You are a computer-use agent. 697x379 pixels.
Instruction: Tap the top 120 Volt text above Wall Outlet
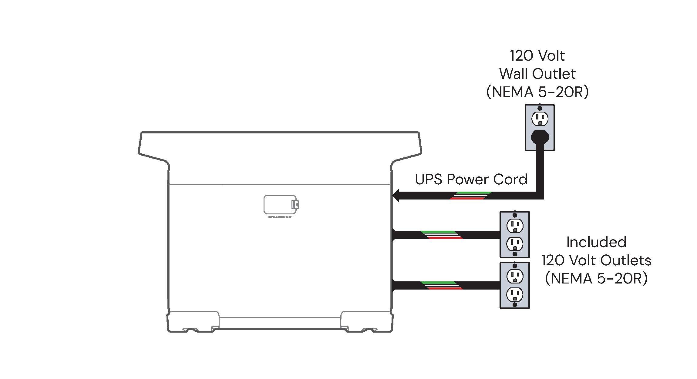pos(537,55)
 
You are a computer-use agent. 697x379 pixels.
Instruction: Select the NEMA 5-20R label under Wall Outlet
pos(537,92)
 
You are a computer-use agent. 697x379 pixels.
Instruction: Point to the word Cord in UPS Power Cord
pos(510,179)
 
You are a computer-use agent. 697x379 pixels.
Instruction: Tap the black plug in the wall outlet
pos(540,137)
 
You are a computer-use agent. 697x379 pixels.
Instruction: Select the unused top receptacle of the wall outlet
pos(540,119)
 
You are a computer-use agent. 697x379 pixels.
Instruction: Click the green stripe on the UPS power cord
pos(473,193)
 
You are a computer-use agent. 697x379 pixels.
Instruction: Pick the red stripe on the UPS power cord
pos(467,199)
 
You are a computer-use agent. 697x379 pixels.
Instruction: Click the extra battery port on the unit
pos(280,205)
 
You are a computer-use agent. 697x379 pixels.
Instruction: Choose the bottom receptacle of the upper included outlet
pos(515,243)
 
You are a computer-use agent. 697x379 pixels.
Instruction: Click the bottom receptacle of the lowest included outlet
pos(515,294)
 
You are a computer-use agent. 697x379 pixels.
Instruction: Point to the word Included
pos(596,242)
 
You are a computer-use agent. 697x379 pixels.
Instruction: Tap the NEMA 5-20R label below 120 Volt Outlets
pos(596,279)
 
